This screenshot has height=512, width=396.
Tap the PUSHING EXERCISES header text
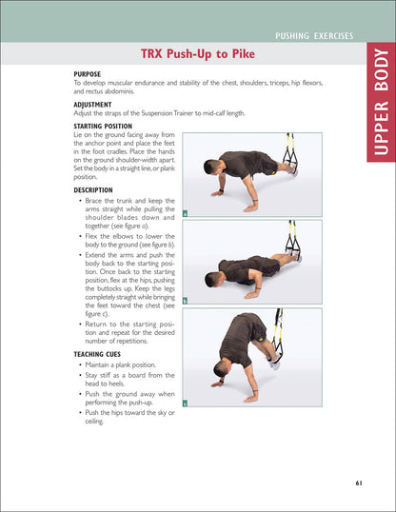pos(313,36)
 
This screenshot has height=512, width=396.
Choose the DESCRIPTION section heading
pos(99,189)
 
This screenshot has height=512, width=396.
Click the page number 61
pos(358,482)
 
